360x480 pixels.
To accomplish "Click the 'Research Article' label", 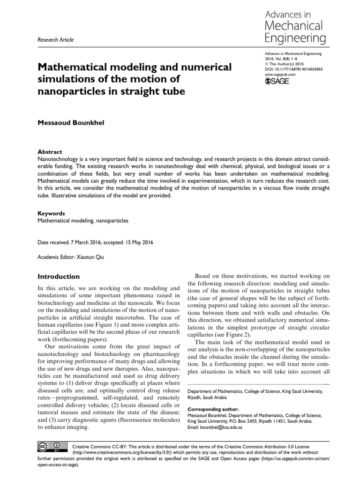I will click(55, 40).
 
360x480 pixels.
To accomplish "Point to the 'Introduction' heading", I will click(59, 277).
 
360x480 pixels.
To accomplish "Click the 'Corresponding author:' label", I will click(213, 409).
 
